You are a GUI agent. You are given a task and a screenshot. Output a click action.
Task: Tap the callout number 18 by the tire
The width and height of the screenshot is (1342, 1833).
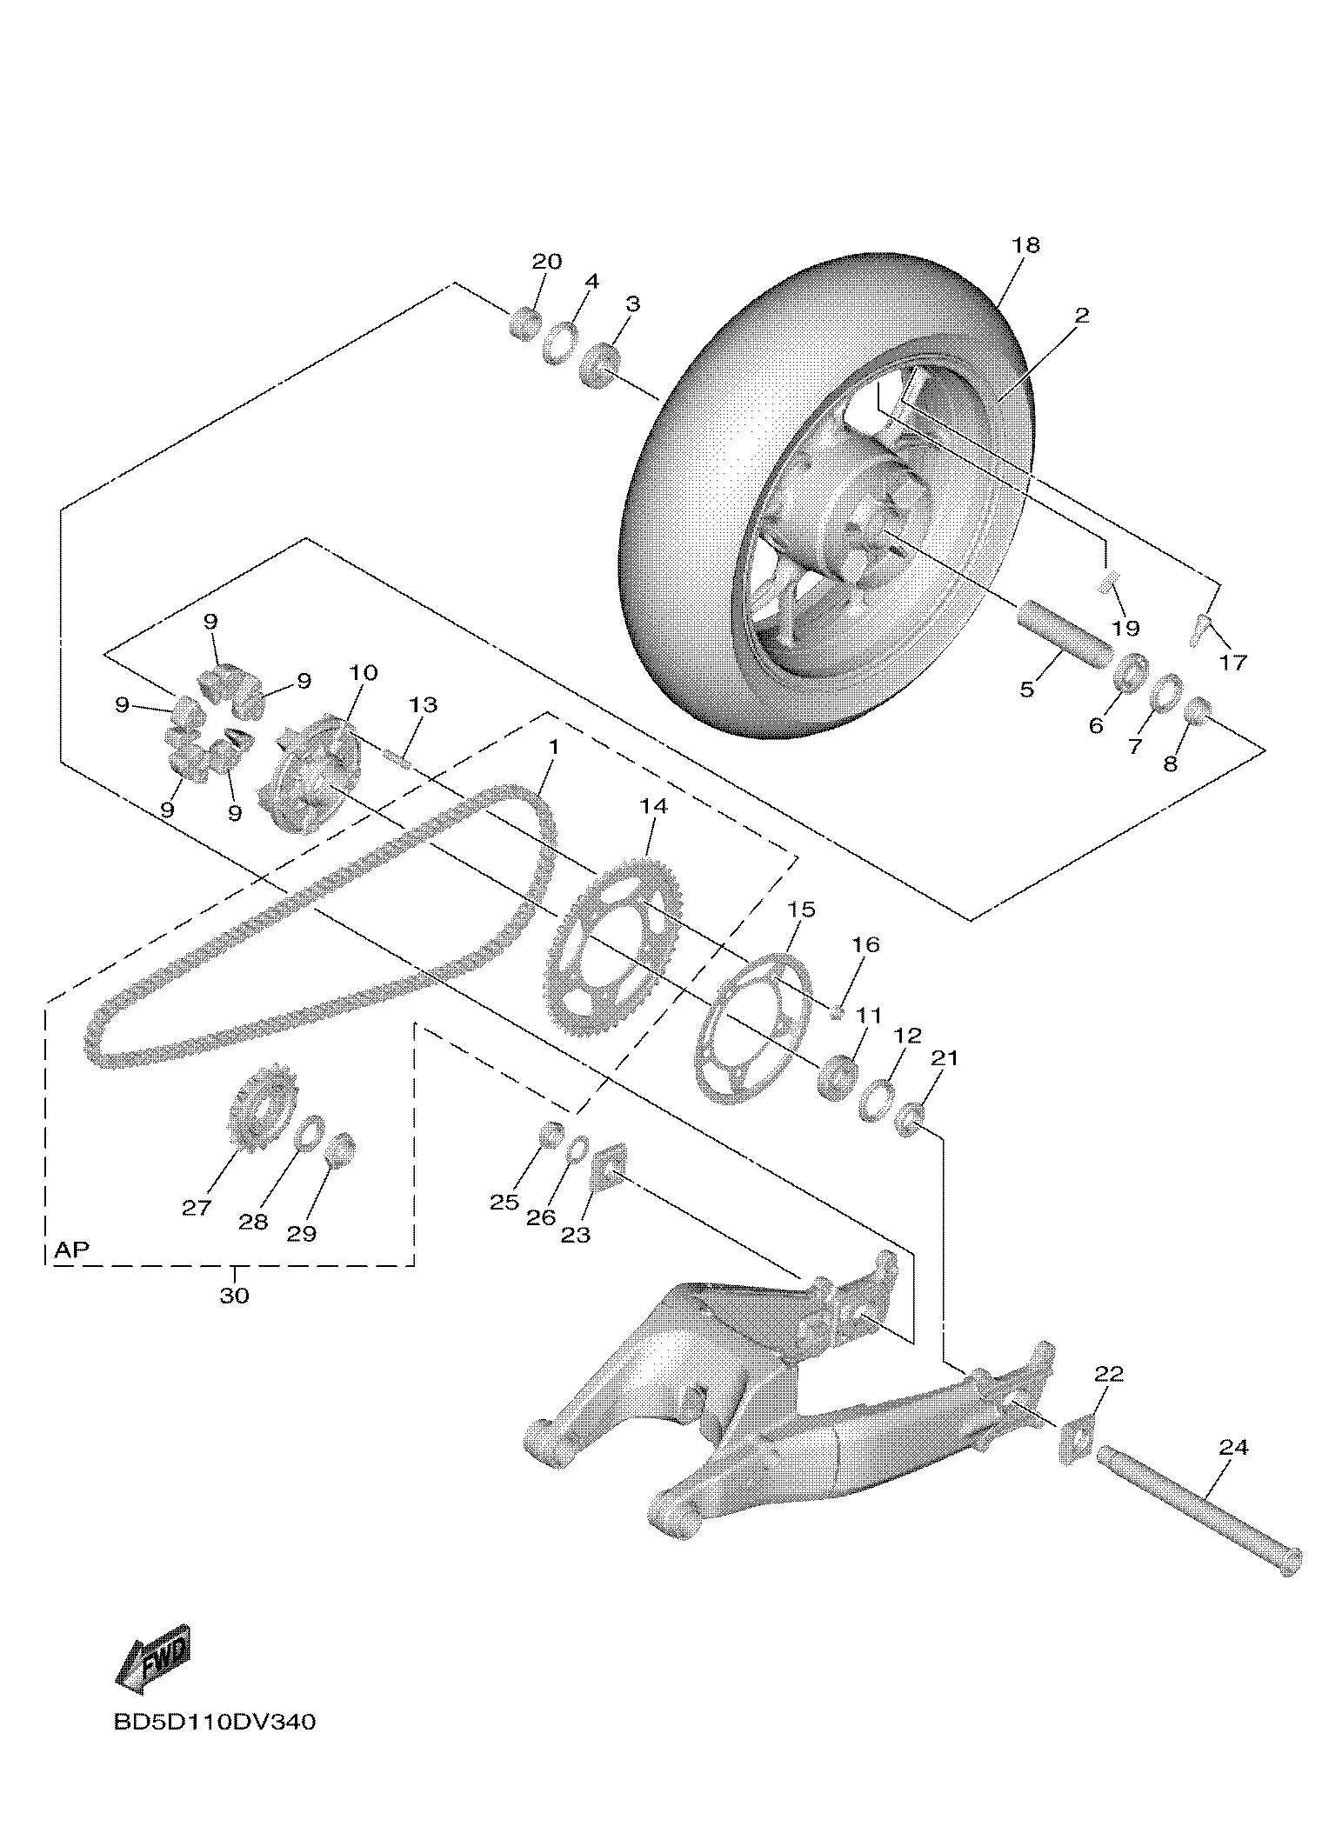1025,245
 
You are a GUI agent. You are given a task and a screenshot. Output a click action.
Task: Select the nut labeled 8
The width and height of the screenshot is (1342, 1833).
1197,711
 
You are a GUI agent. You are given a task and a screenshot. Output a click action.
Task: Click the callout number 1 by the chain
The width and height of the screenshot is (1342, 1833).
554,748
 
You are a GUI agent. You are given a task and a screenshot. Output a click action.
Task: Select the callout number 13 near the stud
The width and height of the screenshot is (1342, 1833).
423,704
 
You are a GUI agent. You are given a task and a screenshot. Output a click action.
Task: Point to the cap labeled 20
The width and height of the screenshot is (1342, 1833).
524,324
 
